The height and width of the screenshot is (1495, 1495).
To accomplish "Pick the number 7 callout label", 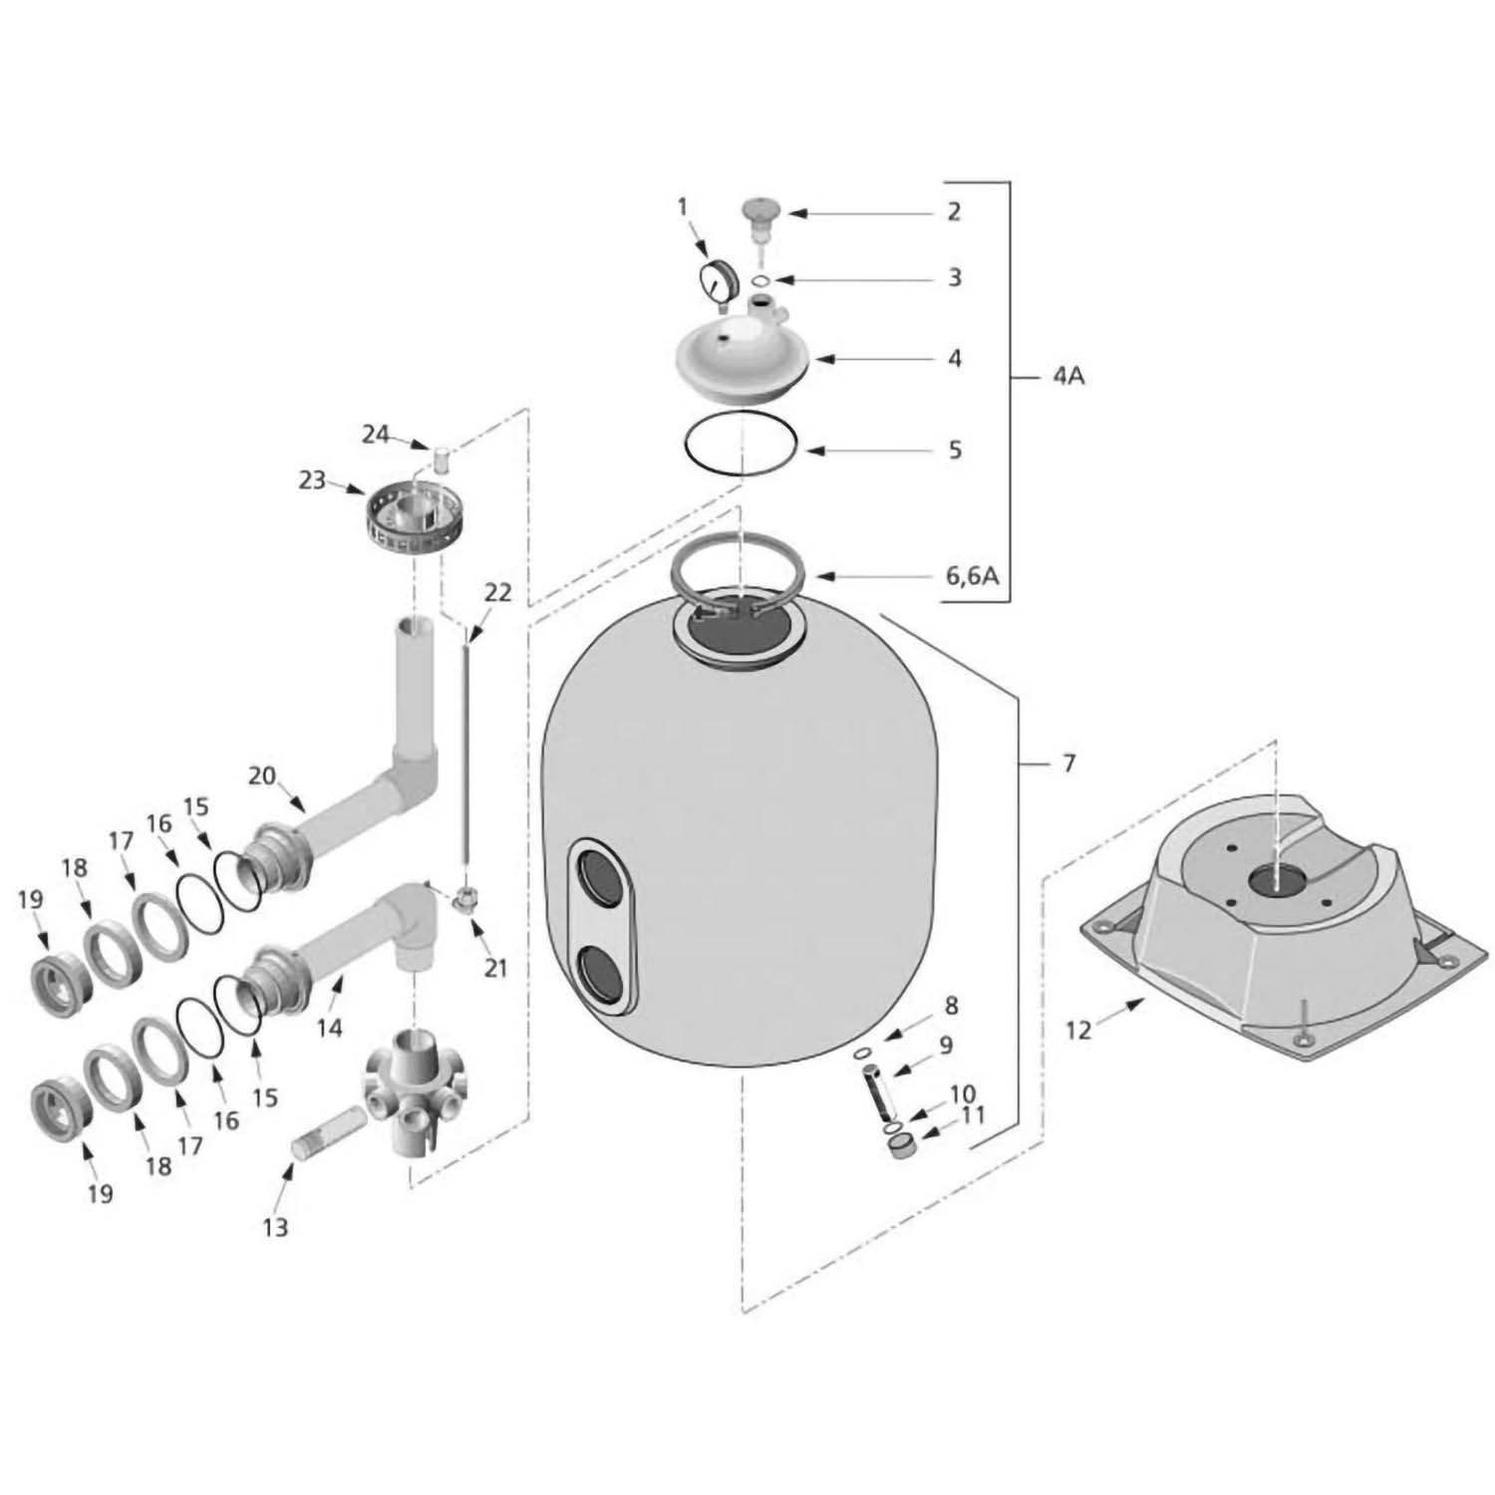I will pyautogui.click(x=1068, y=763).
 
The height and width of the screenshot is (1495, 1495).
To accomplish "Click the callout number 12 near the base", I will pyautogui.click(x=1078, y=1031).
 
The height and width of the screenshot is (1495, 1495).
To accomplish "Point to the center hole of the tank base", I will pyautogui.click(x=1275, y=878).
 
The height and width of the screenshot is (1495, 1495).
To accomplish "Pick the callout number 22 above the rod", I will pyautogui.click(x=497, y=593).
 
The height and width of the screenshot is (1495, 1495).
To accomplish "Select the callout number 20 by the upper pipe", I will pyautogui.click(x=262, y=775).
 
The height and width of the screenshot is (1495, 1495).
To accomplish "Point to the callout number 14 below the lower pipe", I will pyautogui.click(x=329, y=1027).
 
